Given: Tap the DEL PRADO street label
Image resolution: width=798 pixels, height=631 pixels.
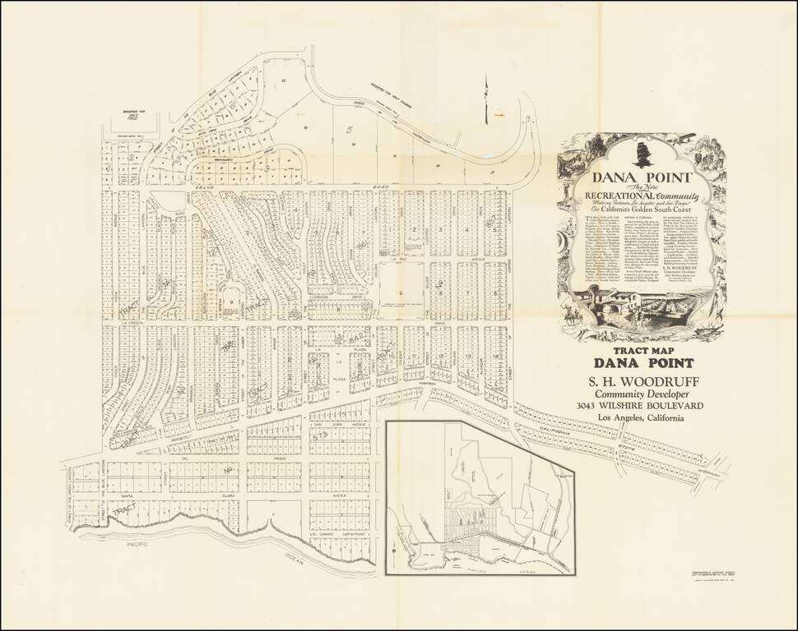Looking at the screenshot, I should click(x=197, y=458).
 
